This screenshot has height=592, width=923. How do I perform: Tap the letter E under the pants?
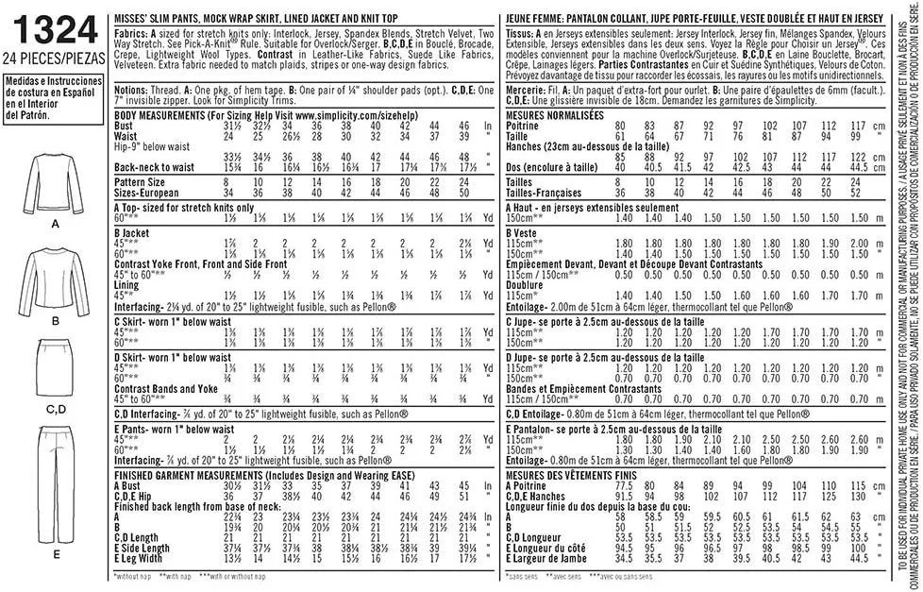(56, 552)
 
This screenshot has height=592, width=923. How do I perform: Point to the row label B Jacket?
(136, 230)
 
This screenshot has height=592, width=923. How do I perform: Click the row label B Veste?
(521, 231)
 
